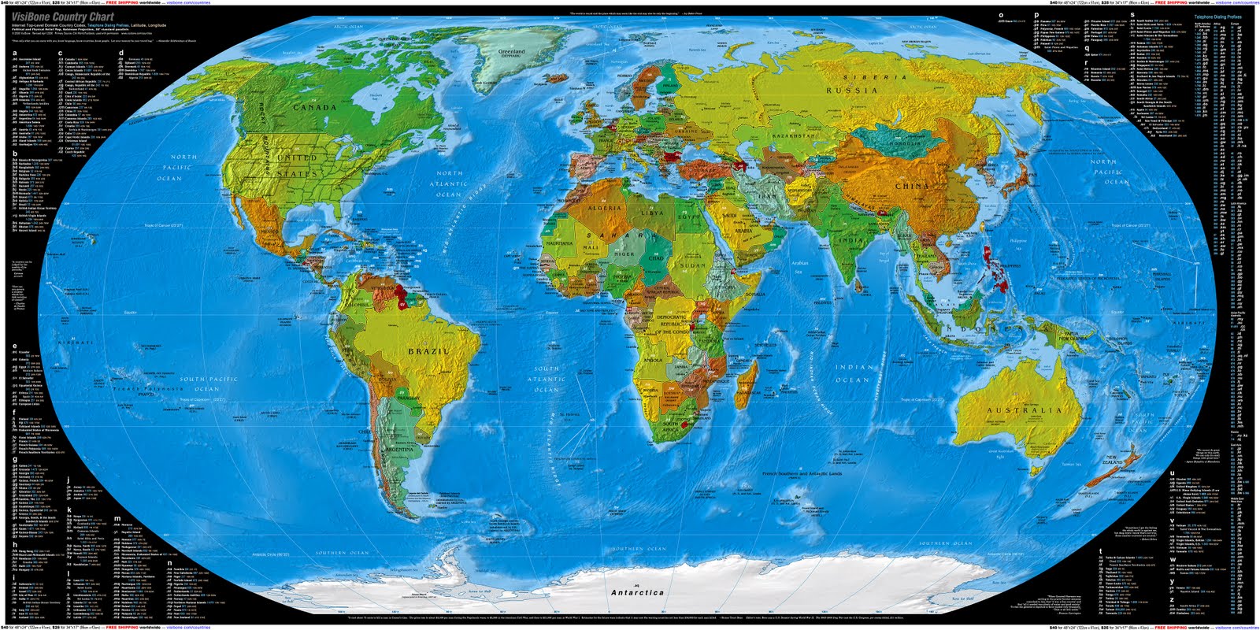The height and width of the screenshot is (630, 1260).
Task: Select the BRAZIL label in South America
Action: tap(428, 351)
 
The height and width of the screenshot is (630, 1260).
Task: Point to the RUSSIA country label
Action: tap(851, 91)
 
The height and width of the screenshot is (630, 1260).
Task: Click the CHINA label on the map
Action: tap(912, 186)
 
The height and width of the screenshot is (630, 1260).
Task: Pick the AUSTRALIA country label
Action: tap(1025, 411)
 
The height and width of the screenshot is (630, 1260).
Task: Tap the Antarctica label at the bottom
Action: tap(637, 592)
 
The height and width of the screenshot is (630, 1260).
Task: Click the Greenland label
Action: tap(511, 52)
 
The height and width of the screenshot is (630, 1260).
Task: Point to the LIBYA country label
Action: tap(652, 213)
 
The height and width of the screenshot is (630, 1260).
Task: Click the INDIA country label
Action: tap(850, 240)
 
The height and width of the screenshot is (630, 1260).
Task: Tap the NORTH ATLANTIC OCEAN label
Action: tap(449, 183)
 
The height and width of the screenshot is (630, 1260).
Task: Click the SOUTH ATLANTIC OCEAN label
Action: tap(547, 379)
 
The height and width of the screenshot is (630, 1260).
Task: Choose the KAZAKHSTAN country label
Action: tap(793, 136)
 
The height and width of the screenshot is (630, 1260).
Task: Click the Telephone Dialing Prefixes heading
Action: tap(1217, 17)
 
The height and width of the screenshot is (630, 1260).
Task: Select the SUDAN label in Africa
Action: tap(693, 265)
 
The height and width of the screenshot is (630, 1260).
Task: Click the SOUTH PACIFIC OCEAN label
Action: tap(208, 384)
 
